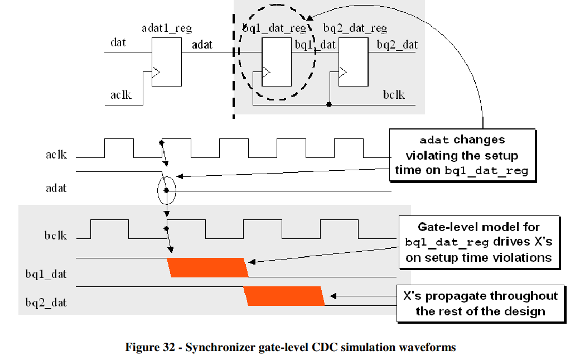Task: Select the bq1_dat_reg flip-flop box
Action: coord(277,62)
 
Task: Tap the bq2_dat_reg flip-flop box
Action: coord(352,62)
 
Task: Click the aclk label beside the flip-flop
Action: coord(120,94)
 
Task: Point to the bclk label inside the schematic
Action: coord(394,94)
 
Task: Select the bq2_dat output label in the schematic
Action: coord(397,45)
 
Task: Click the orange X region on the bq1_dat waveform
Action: coord(208,267)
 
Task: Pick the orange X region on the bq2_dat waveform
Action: coord(285,296)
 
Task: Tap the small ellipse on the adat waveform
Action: coord(166,191)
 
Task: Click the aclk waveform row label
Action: coord(56,154)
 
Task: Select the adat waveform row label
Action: coord(56,188)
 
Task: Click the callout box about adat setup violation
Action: coord(462,155)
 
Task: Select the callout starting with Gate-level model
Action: coord(478,242)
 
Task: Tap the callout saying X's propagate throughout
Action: coord(479,303)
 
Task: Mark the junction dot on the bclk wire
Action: coord(329,104)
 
